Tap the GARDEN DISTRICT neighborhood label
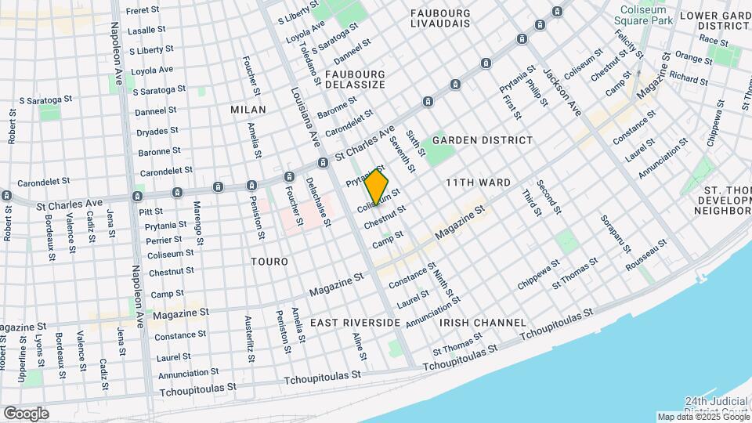pos(483,140)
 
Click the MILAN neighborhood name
pos(248,110)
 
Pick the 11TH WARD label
pos(478,183)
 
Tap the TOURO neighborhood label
pos(269,261)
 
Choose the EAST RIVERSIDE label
pos(355,323)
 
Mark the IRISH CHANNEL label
pos(483,323)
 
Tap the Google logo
pos(26,414)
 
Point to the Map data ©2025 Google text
pos(703,417)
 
